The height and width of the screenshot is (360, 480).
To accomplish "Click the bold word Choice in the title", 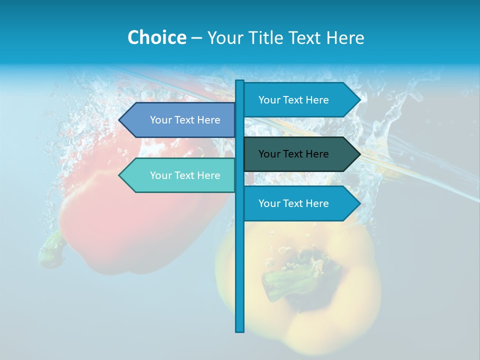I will pos(156,37).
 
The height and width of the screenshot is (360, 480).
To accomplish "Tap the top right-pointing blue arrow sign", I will pos(300,100).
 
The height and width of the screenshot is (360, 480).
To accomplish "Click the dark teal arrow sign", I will pos(300,154).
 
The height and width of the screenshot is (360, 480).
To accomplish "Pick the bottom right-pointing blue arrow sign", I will pos(300,203).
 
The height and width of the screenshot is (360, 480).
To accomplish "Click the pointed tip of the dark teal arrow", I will pos(358,154).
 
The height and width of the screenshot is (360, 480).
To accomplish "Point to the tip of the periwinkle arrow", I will pos(120,120).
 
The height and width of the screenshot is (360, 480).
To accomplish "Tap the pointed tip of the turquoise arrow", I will pos(120,175).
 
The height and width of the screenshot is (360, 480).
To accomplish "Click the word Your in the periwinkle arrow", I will pos(160,120).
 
